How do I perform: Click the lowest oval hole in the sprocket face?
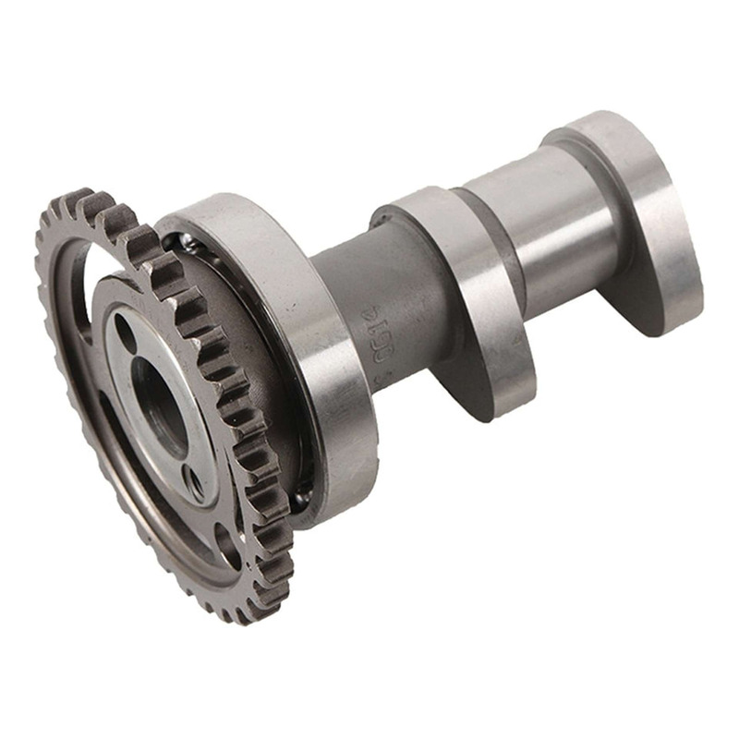(226, 545)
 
